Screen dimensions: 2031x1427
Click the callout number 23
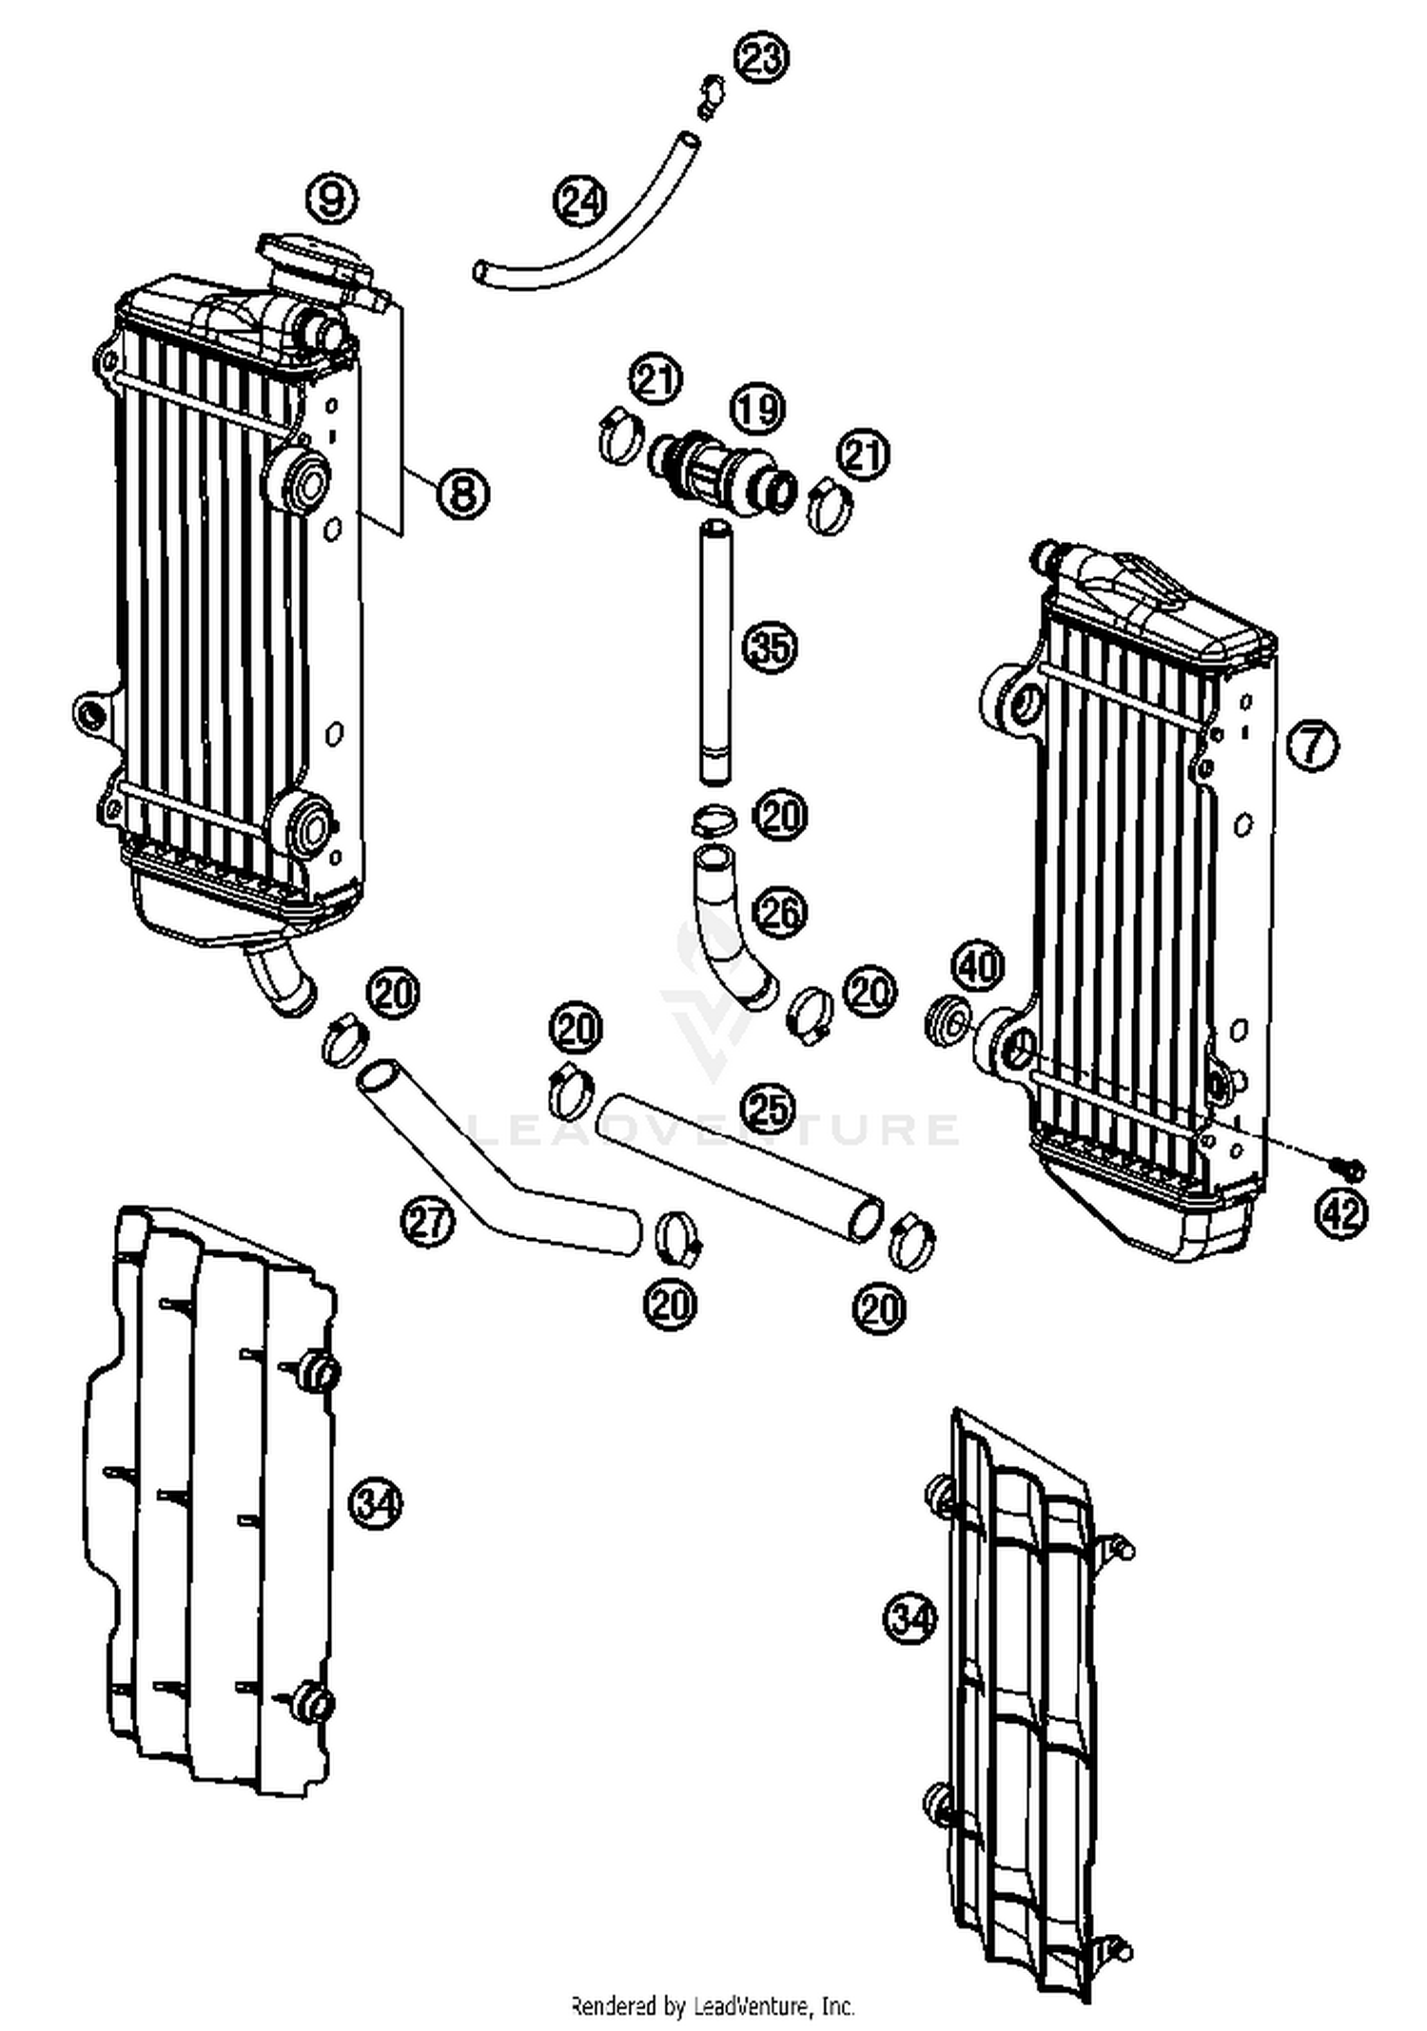pyautogui.click(x=762, y=59)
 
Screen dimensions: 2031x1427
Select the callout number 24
pyautogui.click(x=579, y=201)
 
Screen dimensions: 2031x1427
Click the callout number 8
pyautogui.click(x=462, y=493)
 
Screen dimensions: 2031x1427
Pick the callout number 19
pyautogui.click(x=758, y=409)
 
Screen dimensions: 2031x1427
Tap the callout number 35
pyautogui.click(x=770, y=648)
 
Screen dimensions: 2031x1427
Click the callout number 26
pyautogui.click(x=780, y=913)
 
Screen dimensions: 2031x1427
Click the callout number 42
pyautogui.click(x=1342, y=1212)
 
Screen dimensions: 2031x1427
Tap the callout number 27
pyautogui.click(x=427, y=1221)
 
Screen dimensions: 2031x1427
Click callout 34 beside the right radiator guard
pyautogui.click(x=910, y=1615)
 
